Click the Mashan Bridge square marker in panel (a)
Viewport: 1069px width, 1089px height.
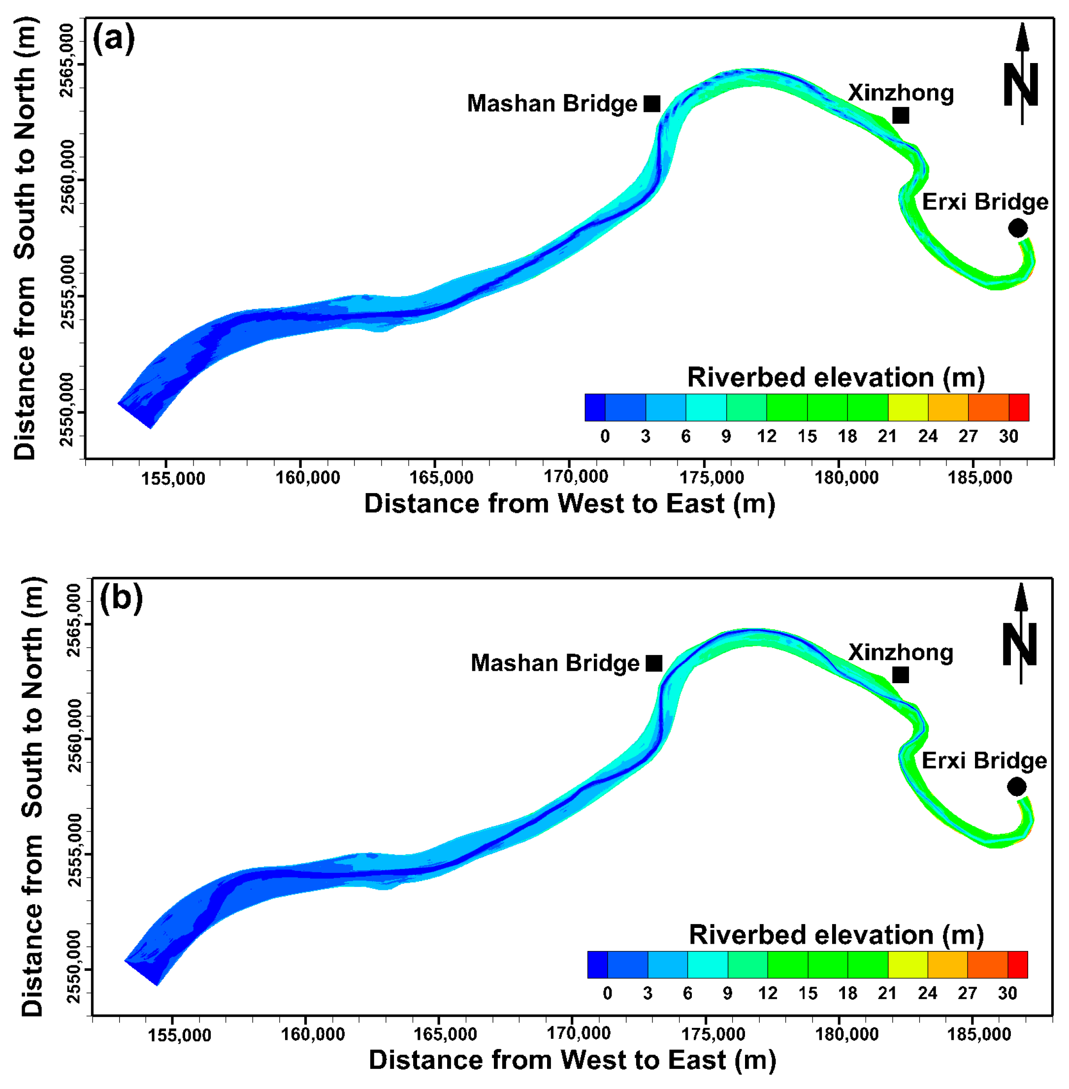[x=651, y=104]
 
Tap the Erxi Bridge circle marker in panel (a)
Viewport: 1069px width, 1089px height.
[x=1017, y=228]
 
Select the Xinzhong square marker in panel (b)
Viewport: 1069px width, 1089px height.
[x=900, y=674]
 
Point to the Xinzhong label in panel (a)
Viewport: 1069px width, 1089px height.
[x=901, y=93]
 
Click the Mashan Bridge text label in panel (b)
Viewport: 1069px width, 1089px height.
[x=555, y=663]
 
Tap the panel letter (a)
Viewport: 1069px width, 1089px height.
[x=113, y=39]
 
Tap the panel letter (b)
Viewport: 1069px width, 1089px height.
[x=121, y=598]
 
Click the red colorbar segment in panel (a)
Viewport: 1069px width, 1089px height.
[x=1018, y=407]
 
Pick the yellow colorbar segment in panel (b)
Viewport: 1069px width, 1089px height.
[x=907, y=965]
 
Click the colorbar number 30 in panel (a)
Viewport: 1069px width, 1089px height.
[x=1008, y=436]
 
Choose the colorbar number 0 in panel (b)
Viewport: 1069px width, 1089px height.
[x=607, y=993]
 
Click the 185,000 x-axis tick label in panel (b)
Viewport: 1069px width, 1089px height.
[x=979, y=1034]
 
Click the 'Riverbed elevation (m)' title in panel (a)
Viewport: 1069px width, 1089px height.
[x=836, y=377]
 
